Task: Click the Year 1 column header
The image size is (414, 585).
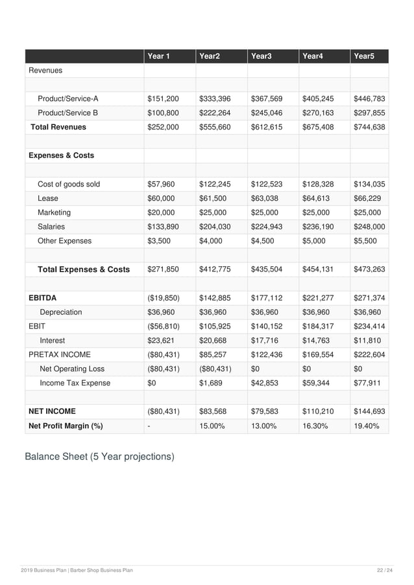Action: tap(159, 56)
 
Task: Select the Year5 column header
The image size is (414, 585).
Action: tap(364, 56)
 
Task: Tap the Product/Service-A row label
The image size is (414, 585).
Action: tap(67, 99)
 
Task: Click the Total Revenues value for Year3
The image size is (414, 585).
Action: tap(266, 128)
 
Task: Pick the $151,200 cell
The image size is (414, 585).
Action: tap(164, 99)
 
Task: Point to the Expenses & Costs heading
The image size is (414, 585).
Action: tap(61, 155)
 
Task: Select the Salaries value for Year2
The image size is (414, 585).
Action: tap(215, 227)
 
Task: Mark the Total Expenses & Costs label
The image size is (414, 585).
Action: tap(84, 270)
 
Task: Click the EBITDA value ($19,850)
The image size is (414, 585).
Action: tap(164, 298)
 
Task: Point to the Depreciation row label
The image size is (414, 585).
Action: tap(61, 312)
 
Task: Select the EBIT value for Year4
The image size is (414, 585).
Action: tap(318, 327)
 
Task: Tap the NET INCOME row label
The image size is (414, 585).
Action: tap(52, 411)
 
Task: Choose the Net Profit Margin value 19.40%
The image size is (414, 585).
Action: tap(367, 426)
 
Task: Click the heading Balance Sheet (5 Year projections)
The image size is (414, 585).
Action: tap(99, 457)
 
